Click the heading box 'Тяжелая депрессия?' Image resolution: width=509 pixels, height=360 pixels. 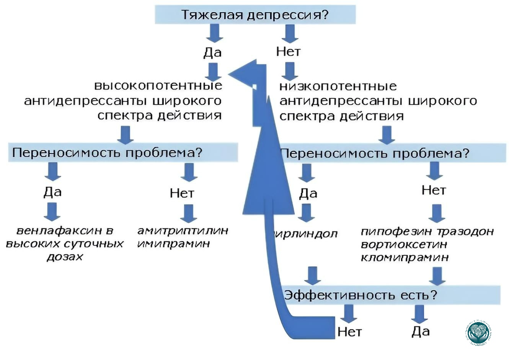tap(255, 15)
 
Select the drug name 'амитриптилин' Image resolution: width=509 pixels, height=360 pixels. tap(183, 231)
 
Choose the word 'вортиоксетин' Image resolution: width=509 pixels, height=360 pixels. tap(398, 244)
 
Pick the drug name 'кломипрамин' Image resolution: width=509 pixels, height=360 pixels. tap(405, 257)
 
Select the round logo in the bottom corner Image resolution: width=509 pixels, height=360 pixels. tap(478, 332)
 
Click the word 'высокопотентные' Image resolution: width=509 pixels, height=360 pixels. tap(158, 85)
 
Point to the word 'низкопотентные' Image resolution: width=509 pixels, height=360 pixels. tap(338, 86)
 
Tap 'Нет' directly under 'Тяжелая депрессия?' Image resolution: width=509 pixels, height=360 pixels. tap(288, 51)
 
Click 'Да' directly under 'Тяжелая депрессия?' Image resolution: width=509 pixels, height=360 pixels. tap(213, 52)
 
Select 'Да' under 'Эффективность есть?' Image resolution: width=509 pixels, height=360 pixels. tap(421, 331)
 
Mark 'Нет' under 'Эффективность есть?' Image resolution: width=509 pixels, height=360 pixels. tap(349, 332)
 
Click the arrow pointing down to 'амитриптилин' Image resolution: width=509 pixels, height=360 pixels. tap(188, 213)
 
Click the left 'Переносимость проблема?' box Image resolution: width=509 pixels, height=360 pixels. tap(123, 152)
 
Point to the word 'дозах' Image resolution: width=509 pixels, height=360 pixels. tap(65, 257)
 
